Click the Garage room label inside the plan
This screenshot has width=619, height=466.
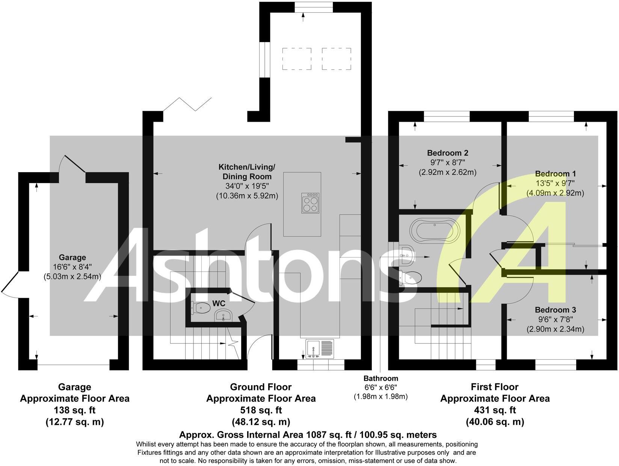pos(72,257)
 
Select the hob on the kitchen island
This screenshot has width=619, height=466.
pos(311,203)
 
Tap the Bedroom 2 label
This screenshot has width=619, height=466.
pos(447,153)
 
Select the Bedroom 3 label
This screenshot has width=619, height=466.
pos(555,310)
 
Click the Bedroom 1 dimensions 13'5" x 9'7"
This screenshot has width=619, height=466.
pos(555,183)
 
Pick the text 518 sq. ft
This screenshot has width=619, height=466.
pos(261,410)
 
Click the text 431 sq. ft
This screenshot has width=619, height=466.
pos(495,410)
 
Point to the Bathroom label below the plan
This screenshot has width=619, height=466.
pos(380,378)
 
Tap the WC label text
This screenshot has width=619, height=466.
pos(219,303)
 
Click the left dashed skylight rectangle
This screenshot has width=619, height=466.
pos(297,59)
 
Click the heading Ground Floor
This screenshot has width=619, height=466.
pos(261,387)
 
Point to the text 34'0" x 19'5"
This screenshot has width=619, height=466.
pos(247,186)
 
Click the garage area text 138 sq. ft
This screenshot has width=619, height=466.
pos(74,410)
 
